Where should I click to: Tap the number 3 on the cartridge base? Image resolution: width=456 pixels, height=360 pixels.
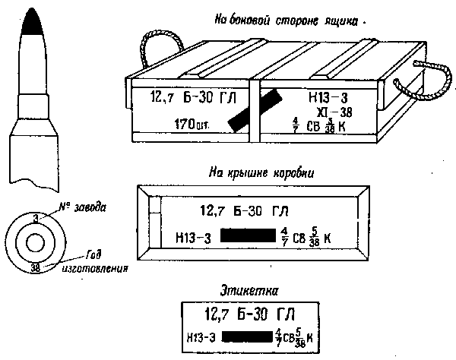pos(36,218)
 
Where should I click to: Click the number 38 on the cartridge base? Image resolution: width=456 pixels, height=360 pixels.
pos(35,267)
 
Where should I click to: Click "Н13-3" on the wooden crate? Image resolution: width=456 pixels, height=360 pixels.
pos(329,97)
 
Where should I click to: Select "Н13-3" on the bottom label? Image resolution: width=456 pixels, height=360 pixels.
pos(200,336)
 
